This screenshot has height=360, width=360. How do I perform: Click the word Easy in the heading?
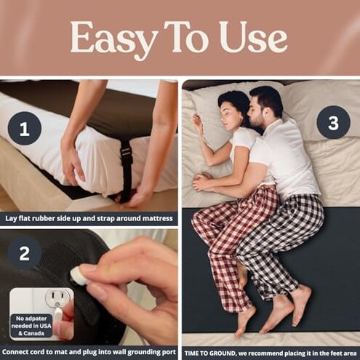coord(104,37)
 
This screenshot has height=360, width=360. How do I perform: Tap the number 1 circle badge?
coord(24,130)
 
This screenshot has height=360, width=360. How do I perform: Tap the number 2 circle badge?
coord(24,254)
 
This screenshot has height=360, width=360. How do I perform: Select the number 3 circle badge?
coord(333,122)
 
